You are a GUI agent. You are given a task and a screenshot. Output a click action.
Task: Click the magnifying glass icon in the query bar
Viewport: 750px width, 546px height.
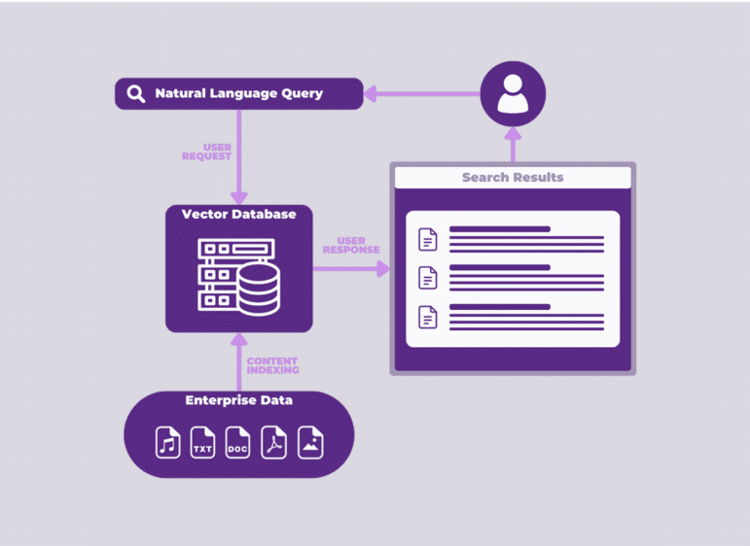click(x=136, y=94)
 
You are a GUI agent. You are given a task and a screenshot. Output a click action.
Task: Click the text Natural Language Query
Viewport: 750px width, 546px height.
click(x=239, y=94)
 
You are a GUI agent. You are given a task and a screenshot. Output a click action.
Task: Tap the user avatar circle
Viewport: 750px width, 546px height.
click(x=513, y=94)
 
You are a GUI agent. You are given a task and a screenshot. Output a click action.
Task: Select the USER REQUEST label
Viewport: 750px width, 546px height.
click(x=206, y=152)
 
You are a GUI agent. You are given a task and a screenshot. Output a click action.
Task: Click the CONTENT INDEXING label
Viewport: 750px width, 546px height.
click(x=272, y=365)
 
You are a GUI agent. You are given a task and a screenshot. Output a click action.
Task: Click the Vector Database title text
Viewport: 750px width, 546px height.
click(x=238, y=214)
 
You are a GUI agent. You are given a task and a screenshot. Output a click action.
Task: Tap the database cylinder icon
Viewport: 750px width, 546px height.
click(x=258, y=289)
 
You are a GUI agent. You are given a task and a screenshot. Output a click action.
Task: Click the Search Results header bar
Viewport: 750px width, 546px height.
click(x=513, y=177)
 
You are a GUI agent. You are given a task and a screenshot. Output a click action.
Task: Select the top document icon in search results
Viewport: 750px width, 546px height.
click(x=427, y=239)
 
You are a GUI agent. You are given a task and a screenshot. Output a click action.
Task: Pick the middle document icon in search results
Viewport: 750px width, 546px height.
click(x=427, y=278)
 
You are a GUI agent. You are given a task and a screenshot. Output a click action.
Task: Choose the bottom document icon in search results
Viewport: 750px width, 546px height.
click(x=427, y=317)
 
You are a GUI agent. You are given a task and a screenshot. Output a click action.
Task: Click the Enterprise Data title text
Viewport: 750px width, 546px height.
click(x=239, y=400)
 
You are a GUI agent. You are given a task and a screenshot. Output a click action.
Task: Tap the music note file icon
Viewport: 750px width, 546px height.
click(x=168, y=443)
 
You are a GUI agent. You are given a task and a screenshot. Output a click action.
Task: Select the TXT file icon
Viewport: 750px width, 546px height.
click(x=202, y=443)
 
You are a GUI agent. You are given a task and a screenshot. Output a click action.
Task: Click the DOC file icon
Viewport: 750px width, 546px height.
click(x=238, y=443)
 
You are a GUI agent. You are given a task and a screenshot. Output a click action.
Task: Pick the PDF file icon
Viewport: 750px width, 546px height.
click(x=274, y=443)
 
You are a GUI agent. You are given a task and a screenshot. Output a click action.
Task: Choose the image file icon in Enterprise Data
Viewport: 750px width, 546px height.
click(x=310, y=443)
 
